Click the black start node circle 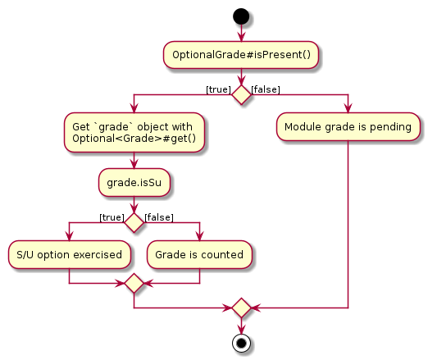[x=241, y=16]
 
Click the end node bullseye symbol [x=241, y=343]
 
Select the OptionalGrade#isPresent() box [x=241, y=55]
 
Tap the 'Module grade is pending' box [x=348, y=127]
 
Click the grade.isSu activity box [x=134, y=182]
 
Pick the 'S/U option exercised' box [x=69, y=254]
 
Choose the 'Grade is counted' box [x=199, y=254]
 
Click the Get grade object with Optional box [x=134, y=132]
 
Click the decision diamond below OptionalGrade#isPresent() [x=241, y=94]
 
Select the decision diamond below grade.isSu [x=134, y=223]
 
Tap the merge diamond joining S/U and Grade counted [x=134, y=283]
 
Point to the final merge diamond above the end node [x=241, y=308]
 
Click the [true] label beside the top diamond [x=218, y=89]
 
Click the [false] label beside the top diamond [x=266, y=89]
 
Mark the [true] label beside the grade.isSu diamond [x=112, y=217]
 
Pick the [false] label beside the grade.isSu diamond [x=159, y=217]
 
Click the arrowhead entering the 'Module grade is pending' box [x=348, y=108]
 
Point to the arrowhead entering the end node [x=241, y=330]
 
